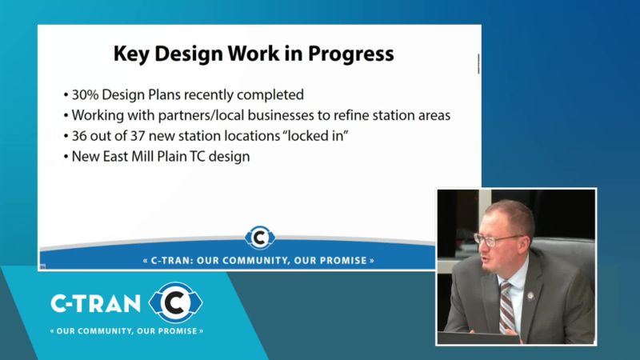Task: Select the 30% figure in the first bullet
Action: [86, 94]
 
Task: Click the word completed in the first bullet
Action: [270, 95]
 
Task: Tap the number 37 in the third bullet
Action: [138, 136]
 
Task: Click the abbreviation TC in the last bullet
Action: [196, 157]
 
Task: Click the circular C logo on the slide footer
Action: [259, 237]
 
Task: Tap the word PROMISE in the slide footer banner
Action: [347, 261]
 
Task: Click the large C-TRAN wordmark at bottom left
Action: [95, 304]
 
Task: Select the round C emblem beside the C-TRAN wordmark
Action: [175, 302]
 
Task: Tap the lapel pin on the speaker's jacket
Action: [530, 295]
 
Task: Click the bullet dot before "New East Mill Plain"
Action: [66, 157]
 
